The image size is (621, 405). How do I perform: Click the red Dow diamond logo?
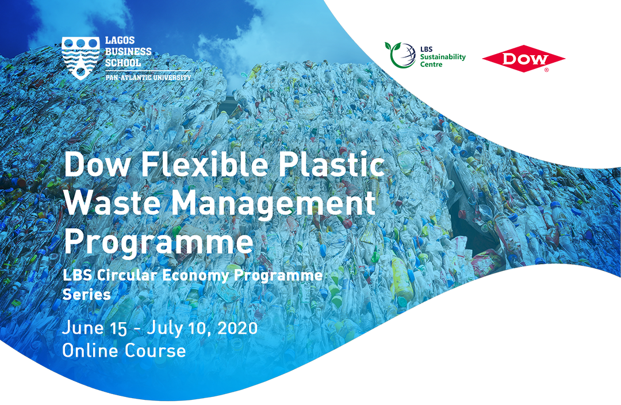(x=523, y=59)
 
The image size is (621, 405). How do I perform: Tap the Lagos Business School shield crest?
(x=81, y=58)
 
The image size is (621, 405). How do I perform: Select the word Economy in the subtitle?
(x=195, y=276)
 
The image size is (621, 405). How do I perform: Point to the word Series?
(x=87, y=294)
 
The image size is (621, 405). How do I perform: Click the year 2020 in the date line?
(x=237, y=328)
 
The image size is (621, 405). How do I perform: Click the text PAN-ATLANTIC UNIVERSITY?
(x=148, y=77)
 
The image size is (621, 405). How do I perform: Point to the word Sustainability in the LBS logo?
(x=443, y=57)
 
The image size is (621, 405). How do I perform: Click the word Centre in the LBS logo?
(x=431, y=64)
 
